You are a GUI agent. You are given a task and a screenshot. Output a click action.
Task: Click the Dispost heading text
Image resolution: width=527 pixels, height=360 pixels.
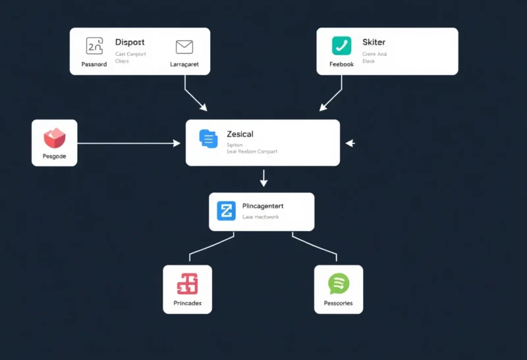(x=130, y=42)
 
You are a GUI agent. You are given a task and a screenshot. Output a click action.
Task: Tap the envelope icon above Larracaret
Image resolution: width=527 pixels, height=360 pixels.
(x=184, y=47)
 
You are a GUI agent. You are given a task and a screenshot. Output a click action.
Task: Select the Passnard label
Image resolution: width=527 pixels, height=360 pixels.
(x=94, y=64)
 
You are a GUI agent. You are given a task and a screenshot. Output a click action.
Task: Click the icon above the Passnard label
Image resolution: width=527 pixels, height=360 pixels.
(x=95, y=45)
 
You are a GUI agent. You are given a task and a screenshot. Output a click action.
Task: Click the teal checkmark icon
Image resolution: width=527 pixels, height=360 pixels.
(x=341, y=45)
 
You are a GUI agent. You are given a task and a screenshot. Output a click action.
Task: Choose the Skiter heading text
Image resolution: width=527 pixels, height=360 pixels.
(x=374, y=42)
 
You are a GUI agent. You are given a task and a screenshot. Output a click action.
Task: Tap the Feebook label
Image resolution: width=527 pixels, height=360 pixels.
(x=341, y=64)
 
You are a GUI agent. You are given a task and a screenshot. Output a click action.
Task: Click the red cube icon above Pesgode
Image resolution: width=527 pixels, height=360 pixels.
(x=55, y=138)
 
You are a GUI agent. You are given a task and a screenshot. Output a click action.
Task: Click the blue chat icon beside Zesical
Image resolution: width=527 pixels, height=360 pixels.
(x=208, y=138)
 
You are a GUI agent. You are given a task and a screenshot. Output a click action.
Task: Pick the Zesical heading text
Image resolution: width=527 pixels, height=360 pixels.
(x=240, y=134)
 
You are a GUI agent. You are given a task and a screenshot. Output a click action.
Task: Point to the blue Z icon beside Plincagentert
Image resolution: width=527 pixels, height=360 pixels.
(x=226, y=211)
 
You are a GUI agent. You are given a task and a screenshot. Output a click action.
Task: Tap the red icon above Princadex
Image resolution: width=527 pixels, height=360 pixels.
(x=187, y=284)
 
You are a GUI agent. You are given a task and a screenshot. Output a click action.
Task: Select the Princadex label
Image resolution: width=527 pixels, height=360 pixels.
(x=187, y=303)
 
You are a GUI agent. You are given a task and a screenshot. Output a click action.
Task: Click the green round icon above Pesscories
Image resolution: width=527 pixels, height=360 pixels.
(x=339, y=284)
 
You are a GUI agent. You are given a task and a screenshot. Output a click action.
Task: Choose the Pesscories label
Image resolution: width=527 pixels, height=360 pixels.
(x=339, y=303)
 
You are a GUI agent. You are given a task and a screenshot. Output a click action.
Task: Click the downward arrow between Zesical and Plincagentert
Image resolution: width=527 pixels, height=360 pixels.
(x=263, y=178)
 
